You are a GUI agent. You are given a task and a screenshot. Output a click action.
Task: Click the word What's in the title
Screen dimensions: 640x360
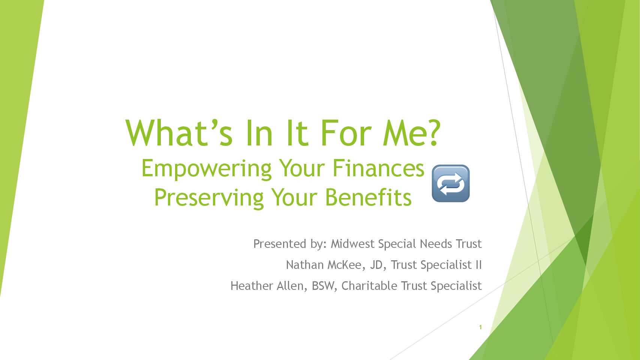tap(179, 133)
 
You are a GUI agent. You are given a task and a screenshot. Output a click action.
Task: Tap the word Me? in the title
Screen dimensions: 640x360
tap(412, 133)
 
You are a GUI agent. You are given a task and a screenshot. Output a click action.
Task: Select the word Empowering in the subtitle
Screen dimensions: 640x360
tap(206, 169)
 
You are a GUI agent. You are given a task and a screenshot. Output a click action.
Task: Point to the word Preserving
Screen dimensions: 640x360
tap(209, 198)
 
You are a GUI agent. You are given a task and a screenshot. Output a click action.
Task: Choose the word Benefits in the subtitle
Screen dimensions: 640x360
tap(369, 197)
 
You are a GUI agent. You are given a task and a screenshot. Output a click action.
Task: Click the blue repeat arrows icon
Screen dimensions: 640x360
tap(451, 183)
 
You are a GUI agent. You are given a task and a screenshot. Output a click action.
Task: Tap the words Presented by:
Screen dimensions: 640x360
tap(290, 244)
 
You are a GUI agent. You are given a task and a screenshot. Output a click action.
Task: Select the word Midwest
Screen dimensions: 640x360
tap(352, 244)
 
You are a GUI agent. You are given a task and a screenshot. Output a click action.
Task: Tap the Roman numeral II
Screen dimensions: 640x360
tap(478, 265)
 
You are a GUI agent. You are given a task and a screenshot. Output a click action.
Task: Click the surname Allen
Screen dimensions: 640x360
tap(292, 286)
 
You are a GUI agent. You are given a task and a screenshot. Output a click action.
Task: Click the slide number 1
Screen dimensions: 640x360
tap(481, 327)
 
